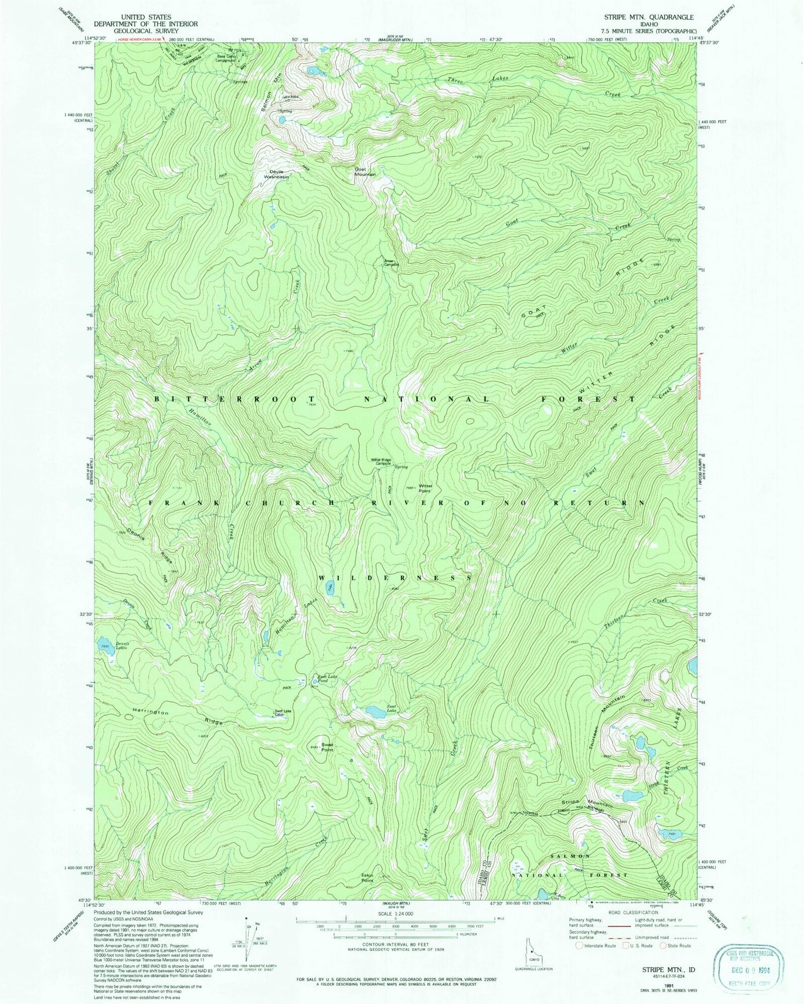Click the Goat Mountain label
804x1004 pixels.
point(364,171)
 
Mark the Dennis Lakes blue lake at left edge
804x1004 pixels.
point(104,643)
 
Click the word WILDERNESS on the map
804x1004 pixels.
point(395,579)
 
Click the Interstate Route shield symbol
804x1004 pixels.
point(579,946)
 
